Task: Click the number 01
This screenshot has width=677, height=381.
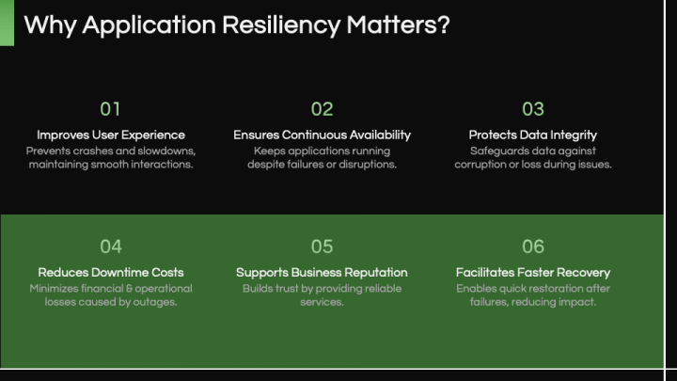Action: pos(111,109)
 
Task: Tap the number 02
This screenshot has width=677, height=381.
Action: pos(322,109)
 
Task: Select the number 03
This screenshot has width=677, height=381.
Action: pos(533,109)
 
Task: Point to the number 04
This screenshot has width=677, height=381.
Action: pos(111,246)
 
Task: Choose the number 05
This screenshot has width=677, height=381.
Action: pos(322,246)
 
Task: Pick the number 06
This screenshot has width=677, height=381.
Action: pos(533,246)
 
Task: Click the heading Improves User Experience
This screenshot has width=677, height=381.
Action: pos(111,135)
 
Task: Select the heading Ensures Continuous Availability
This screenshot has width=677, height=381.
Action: pos(322,135)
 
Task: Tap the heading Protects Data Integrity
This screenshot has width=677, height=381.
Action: pos(533,135)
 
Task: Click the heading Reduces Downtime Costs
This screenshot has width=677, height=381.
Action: pos(111,273)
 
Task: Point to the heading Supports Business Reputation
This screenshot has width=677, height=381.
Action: pos(322,273)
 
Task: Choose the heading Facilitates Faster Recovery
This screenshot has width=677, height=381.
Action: pos(533,273)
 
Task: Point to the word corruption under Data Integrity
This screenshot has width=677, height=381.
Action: pos(484,165)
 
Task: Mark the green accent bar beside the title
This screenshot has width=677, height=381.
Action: pos(7,23)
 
